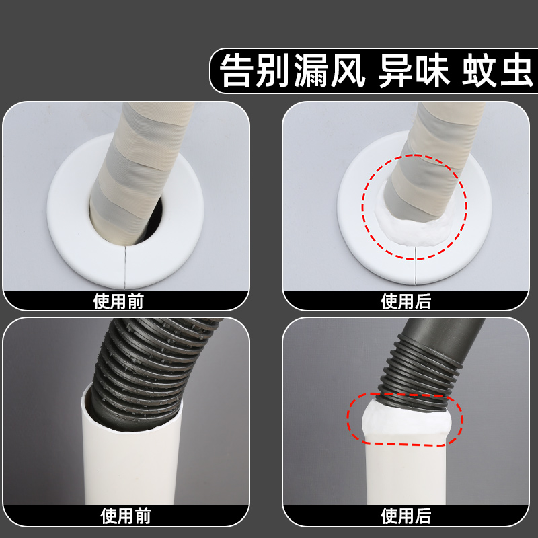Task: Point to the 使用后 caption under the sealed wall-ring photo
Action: (x=406, y=301)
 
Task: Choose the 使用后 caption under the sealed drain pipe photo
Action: (x=406, y=516)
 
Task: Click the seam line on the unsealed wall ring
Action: (x=126, y=266)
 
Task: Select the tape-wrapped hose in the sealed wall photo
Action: (x=430, y=155)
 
